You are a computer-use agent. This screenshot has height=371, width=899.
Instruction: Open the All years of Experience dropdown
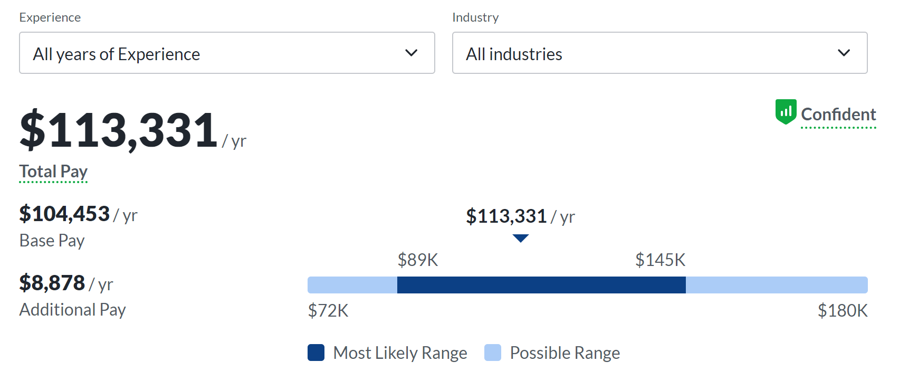227,53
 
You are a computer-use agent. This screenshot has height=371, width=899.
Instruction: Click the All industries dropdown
659,53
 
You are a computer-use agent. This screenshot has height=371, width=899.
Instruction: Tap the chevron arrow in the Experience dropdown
411,53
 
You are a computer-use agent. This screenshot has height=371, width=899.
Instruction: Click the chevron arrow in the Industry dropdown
844,53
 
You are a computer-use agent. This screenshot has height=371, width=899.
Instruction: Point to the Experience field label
50,17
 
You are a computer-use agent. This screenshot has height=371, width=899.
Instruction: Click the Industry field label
475,17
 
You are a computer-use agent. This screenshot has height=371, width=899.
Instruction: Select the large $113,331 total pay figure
119,130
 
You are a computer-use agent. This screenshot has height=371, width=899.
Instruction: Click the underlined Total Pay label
53,172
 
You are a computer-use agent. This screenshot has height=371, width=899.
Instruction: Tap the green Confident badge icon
786,112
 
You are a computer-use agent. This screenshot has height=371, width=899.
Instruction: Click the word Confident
838,115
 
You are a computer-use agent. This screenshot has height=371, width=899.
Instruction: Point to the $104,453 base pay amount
64,214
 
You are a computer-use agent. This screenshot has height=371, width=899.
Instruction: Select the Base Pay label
52,241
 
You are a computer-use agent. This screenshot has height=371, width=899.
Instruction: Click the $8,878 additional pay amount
52,283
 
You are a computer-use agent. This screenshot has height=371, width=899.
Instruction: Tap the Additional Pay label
73,310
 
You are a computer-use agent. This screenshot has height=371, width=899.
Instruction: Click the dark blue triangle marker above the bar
521,239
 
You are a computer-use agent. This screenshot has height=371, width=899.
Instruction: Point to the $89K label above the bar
418,260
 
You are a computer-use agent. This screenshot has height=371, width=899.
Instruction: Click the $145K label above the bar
660,260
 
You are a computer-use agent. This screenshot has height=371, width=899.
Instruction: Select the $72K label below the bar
328,311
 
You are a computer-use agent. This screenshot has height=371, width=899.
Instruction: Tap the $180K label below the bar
843,311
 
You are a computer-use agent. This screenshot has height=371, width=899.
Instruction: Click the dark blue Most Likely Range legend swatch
316,353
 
